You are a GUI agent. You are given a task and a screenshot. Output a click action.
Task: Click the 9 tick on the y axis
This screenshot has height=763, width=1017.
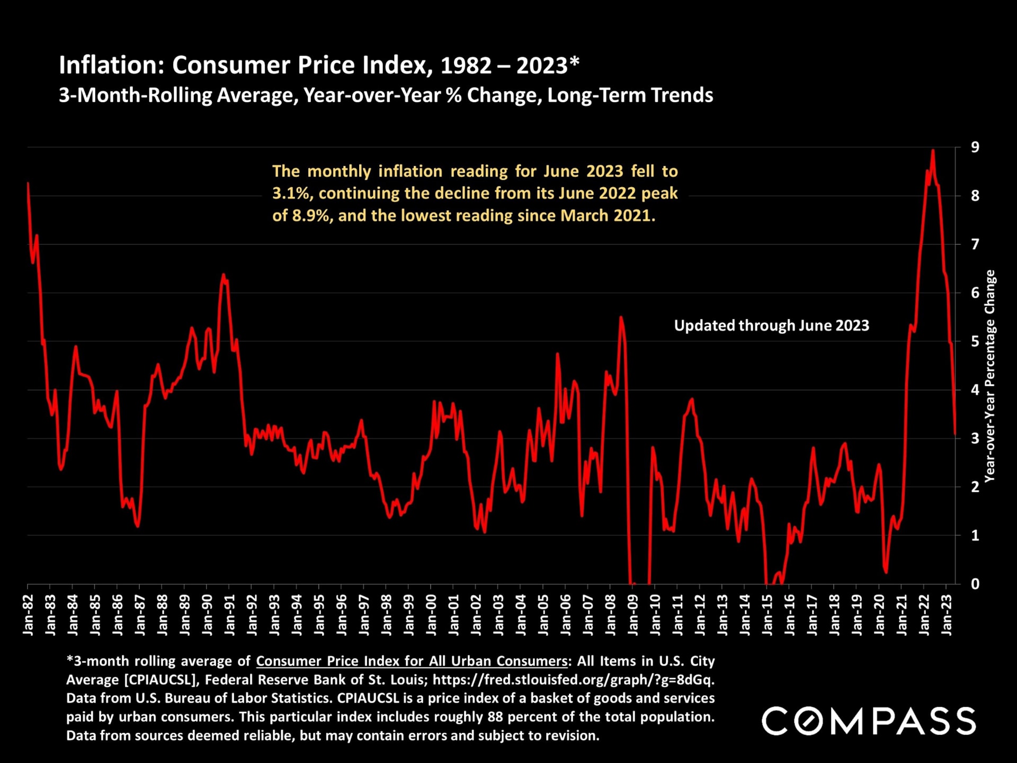[975, 147]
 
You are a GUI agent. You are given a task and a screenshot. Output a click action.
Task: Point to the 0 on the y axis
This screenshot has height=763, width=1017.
[975, 584]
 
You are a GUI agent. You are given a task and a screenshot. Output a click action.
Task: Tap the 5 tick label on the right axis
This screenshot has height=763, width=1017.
[975, 341]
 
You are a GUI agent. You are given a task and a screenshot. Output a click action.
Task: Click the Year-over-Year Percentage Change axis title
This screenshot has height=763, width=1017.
[989, 376]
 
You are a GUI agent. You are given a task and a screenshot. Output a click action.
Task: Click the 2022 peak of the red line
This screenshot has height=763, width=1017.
[933, 150]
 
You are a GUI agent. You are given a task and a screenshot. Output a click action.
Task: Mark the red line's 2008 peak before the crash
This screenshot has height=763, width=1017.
[621, 317]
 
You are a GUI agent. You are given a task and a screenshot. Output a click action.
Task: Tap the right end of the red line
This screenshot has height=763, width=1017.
[955, 434]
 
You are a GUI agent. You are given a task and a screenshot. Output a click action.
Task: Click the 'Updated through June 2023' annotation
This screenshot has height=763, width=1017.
[771, 325]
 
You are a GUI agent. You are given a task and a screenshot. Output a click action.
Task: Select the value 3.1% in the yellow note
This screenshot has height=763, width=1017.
[290, 193]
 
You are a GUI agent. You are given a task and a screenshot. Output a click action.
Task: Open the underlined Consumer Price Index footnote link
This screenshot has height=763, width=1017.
[412, 661]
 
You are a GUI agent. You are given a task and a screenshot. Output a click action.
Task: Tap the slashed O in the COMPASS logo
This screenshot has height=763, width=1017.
[808, 721]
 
